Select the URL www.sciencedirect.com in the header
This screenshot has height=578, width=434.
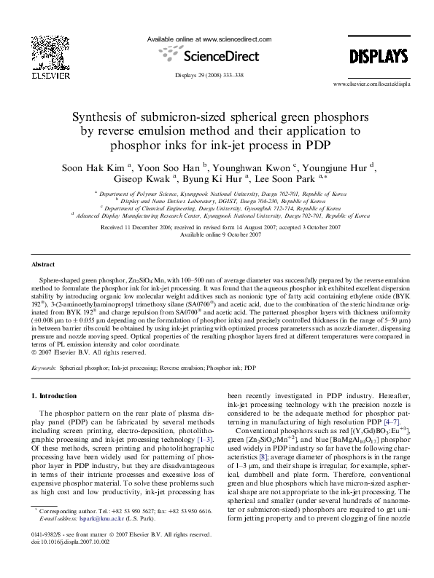[x=237, y=38]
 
